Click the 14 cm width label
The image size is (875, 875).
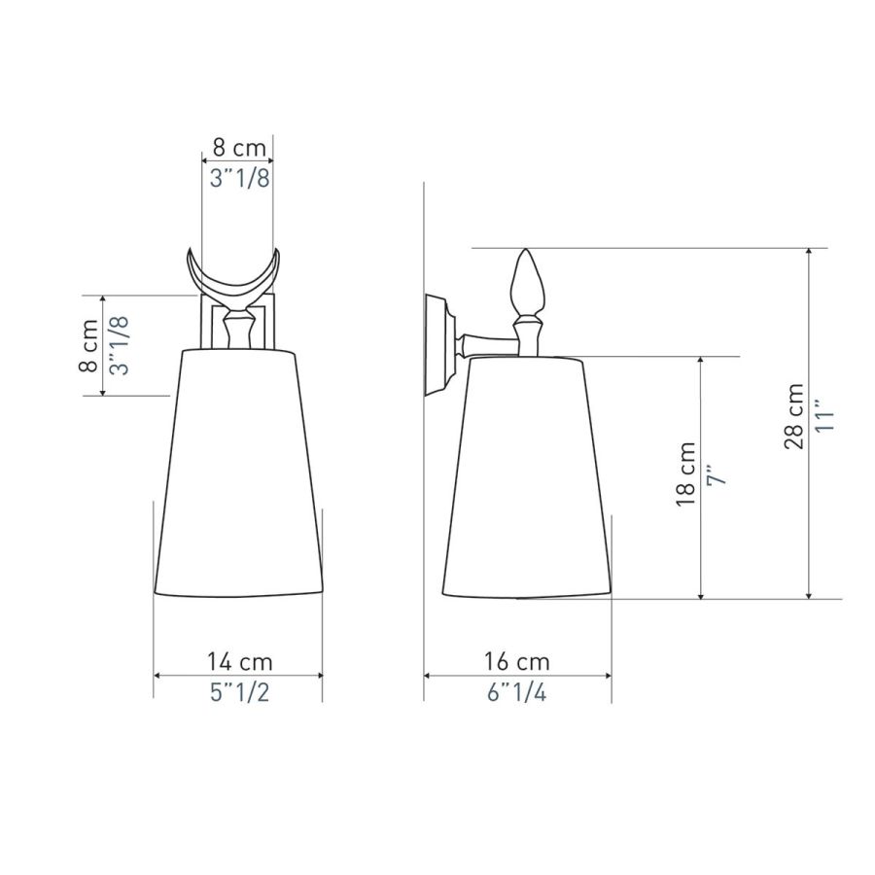(240, 662)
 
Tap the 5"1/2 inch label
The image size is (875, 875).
(239, 692)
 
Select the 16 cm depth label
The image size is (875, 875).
(517, 662)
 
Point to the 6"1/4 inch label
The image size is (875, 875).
(517, 692)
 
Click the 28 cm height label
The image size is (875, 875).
(794, 416)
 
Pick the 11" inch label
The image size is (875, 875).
(824, 414)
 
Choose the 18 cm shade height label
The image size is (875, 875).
(686, 474)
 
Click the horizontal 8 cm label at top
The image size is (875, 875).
(239, 149)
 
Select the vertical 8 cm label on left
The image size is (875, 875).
(88, 346)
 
